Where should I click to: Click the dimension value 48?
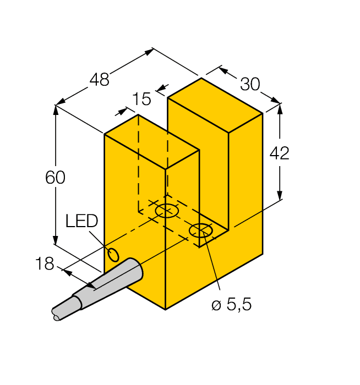[100, 80]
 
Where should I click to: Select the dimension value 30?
[250, 84]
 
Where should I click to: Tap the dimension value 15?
[141, 100]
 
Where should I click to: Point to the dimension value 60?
[55, 178]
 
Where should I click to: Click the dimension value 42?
[279, 154]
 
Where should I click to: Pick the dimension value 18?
[45, 263]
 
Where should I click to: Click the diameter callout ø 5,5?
[231, 305]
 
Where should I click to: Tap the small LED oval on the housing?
[113, 255]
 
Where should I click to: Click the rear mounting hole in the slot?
[167, 211]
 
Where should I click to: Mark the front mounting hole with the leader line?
[200, 231]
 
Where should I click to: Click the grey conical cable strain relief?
[118, 279]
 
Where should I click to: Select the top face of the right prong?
[215, 105]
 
